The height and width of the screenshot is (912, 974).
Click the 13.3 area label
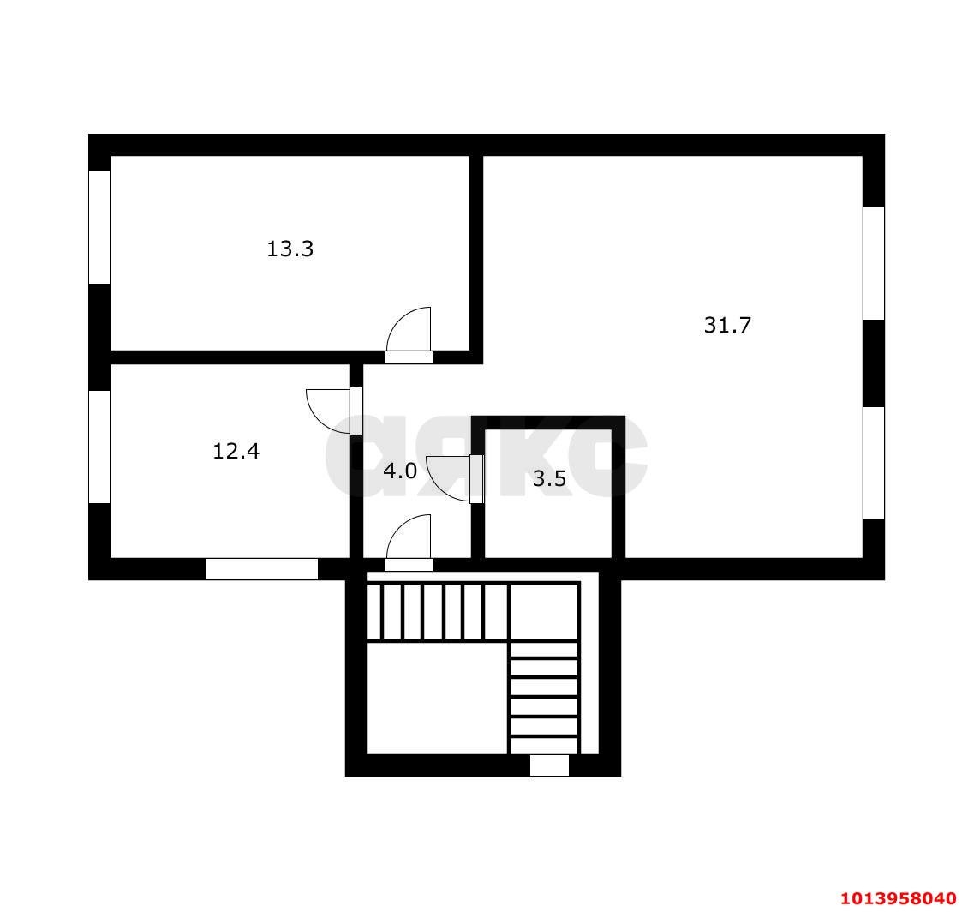point(290,249)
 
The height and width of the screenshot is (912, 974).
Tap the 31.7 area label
point(727,325)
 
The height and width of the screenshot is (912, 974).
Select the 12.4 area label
point(236,451)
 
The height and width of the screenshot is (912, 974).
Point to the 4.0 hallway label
point(400,471)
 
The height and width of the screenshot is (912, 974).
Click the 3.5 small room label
point(550,478)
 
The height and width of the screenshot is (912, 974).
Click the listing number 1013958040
point(899,897)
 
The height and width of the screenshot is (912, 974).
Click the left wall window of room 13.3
point(99,227)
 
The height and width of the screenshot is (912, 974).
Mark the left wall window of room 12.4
point(99,447)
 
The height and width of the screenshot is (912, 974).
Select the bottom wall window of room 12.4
point(261,569)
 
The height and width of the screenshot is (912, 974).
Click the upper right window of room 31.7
point(874,264)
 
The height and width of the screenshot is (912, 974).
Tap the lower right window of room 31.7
point(874,463)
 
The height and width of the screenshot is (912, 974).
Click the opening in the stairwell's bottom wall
point(549,765)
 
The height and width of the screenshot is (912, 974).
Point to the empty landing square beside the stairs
point(438,699)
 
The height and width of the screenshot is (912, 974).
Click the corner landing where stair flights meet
point(544,611)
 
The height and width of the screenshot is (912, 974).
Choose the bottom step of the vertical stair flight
point(544,746)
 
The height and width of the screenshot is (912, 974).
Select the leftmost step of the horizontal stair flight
point(374,611)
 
